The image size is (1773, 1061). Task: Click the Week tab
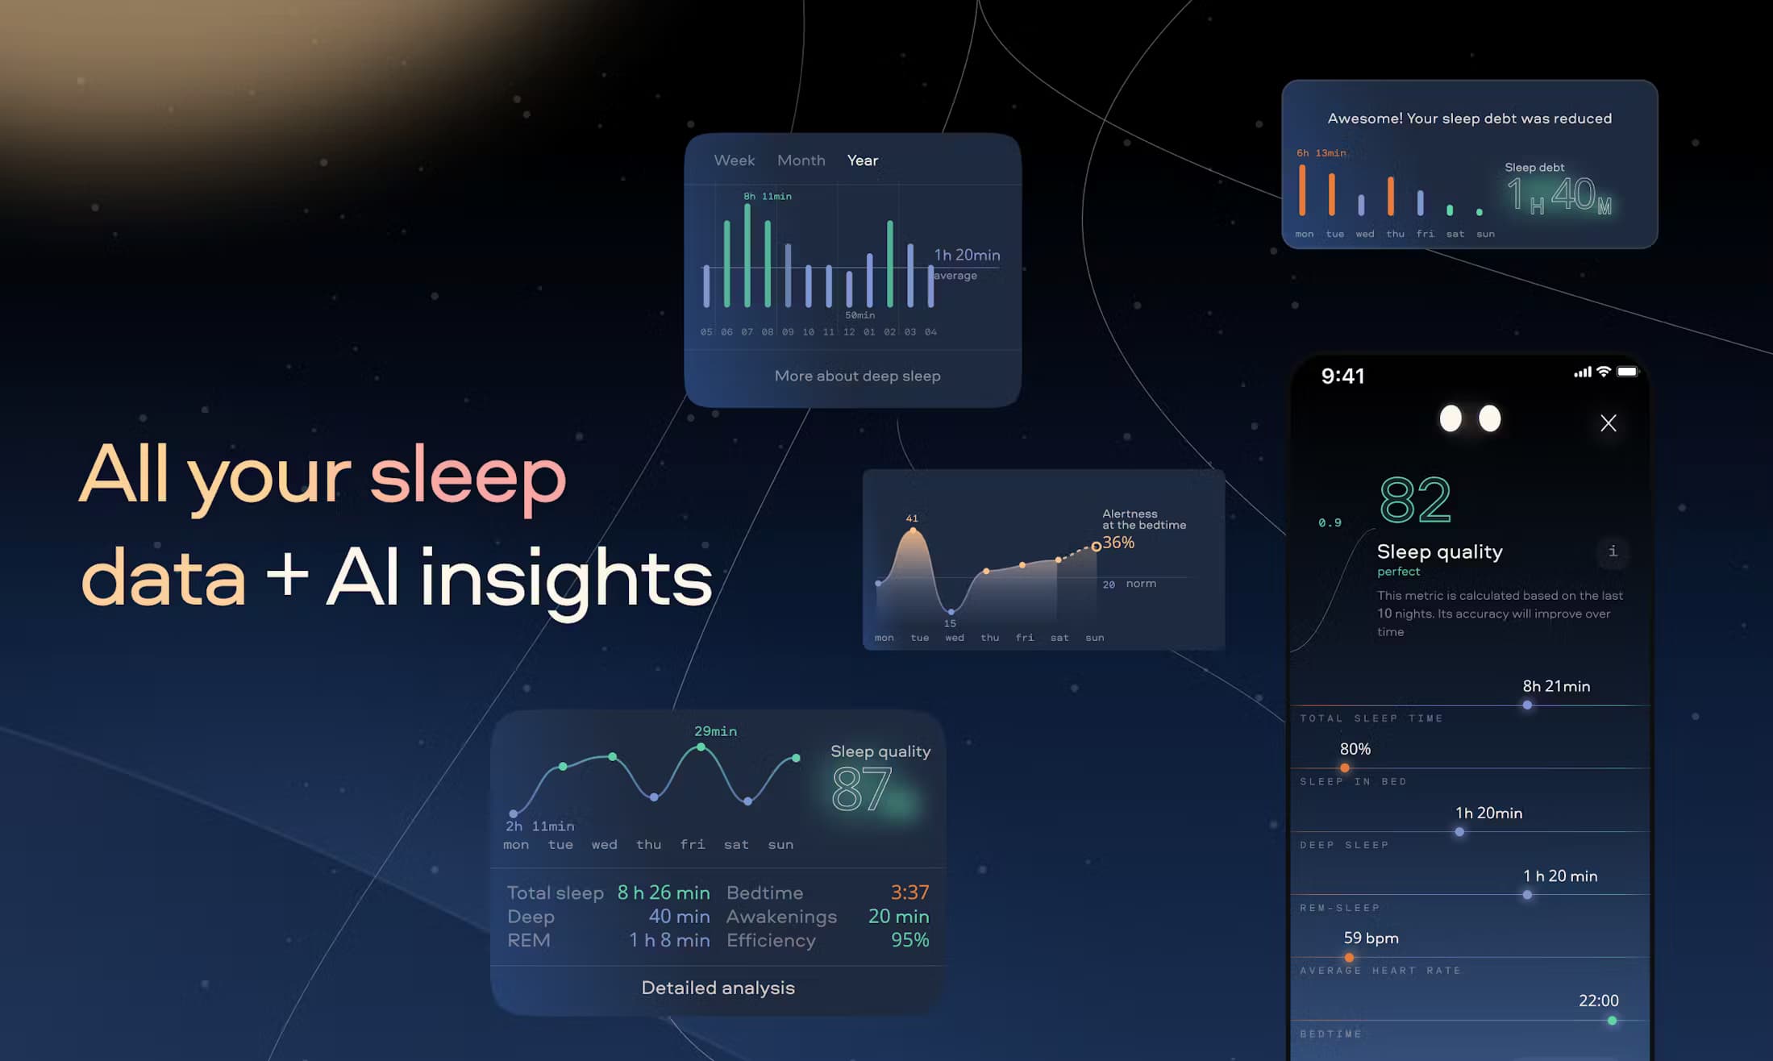point(734,160)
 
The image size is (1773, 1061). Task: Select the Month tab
point(801,160)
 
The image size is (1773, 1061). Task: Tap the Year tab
point(862,160)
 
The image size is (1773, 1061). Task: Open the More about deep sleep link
point(857,376)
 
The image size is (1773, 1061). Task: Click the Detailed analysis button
point(718,988)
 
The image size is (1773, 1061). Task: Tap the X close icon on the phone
point(1608,423)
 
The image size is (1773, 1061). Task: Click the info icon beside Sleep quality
point(1613,551)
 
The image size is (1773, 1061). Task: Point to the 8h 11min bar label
point(767,197)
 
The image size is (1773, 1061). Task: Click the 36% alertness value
point(1118,543)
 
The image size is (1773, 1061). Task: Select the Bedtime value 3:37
point(909,892)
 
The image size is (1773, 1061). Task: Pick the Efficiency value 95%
point(909,940)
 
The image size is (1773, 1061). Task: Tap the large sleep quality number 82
point(1415,500)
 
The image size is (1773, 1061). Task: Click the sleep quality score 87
point(861,788)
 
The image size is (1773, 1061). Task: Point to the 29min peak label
point(715,731)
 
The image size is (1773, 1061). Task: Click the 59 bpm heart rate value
point(1371,938)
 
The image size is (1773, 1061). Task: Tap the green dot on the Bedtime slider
point(1612,1021)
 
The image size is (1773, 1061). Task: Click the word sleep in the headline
point(468,477)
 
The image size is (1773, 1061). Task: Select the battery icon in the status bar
point(1628,372)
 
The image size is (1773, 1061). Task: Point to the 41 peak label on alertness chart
point(912,518)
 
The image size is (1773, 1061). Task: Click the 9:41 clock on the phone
point(1342,376)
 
